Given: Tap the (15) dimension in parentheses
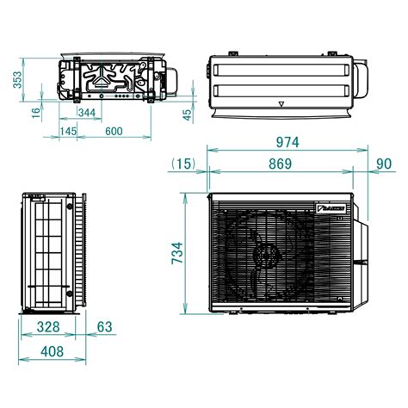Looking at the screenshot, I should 183,163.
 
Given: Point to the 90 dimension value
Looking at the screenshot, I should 383,163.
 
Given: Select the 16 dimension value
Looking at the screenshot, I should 35,111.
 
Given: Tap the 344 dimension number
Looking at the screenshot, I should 86,112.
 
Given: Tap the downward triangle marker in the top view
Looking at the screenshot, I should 281,101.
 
